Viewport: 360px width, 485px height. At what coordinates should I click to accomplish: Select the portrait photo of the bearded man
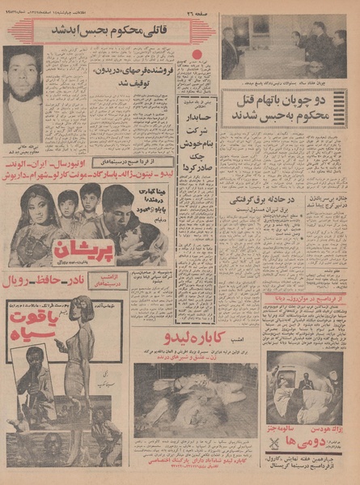pos(23,96)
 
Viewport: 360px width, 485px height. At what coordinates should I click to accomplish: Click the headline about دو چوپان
pos(283,108)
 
